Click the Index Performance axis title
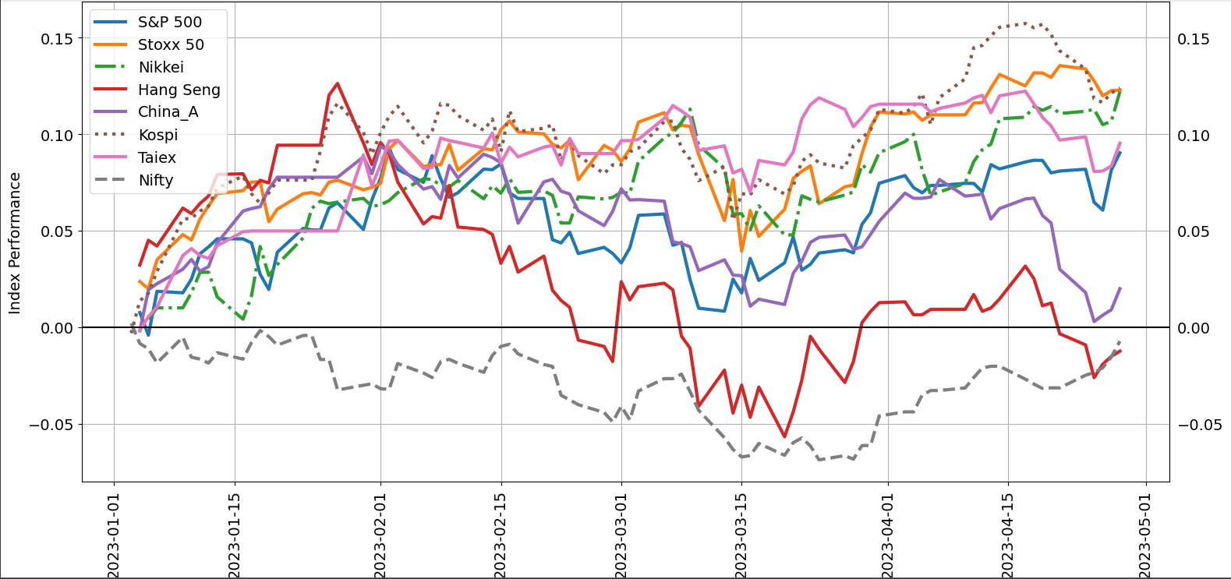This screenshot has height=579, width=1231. [15, 243]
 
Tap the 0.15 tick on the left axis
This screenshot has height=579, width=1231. [58, 39]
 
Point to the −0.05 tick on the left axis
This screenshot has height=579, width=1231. [51, 425]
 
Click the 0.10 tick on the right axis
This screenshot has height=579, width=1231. [1194, 136]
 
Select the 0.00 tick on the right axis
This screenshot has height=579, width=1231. [1194, 328]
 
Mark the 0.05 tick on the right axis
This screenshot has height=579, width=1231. [1194, 231]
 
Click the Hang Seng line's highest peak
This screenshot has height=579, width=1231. [337, 83]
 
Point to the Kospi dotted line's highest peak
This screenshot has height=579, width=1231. [1024, 23]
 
